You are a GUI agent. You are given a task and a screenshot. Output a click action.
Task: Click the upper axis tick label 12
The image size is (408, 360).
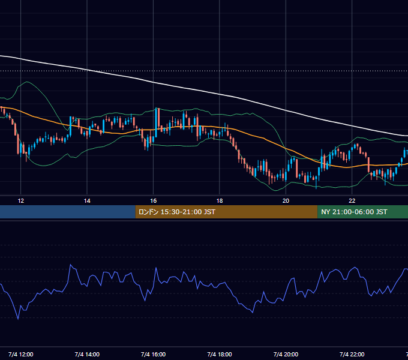pyautogui.click(x=21, y=201)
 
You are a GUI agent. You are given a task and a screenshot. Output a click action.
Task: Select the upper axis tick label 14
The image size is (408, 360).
pyautogui.click(x=87, y=201)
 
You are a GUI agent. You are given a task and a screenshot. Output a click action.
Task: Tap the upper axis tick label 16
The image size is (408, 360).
pyautogui.click(x=153, y=201)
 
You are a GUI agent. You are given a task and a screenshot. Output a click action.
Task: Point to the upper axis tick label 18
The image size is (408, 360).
pyautogui.click(x=220, y=201)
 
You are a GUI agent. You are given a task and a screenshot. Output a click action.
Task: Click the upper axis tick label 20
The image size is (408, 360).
pyautogui.click(x=286, y=201)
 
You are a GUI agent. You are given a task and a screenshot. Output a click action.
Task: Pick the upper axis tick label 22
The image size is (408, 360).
pyautogui.click(x=352, y=201)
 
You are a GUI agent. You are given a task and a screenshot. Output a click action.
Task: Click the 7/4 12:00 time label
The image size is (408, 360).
pyautogui.click(x=21, y=354)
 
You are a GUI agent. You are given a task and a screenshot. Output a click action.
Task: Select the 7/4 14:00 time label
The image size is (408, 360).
pyautogui.click(x=87, y=354)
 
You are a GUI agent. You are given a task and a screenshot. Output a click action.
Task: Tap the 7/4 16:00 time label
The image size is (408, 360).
pyautogui.click(x=153, y=354)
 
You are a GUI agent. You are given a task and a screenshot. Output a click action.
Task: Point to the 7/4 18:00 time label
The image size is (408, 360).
pyautogui.click(x=220, y=354)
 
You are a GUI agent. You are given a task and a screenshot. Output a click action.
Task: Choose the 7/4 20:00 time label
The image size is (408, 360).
pyautogui.click(x=286, y=354)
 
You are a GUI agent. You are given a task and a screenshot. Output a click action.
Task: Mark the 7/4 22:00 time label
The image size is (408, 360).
pyautogui.click(x=352, y=354)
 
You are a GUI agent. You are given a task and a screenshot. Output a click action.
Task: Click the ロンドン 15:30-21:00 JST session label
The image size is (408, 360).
pyautogui.click(x=177, y=212)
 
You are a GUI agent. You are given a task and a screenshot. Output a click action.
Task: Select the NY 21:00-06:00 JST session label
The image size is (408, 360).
pyautogui.click(x=354, y=212)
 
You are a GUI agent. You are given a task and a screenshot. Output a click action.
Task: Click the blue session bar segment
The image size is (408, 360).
pyautogui.click(x=68, y=212)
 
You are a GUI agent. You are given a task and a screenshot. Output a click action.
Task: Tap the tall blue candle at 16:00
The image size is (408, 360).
pyautogui.click(x=156, y=122)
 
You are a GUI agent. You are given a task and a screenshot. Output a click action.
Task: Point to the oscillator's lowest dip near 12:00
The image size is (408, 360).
pyautogui.click(x=18, y=319)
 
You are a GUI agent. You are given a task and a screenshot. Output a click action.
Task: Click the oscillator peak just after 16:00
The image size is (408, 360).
pyautogui.click(x=156, y=268)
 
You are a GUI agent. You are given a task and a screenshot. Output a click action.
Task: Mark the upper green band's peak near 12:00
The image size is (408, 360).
pyautogui.click(x=27, y=82)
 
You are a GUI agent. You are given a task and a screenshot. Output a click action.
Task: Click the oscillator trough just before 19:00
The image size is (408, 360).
pyautogui.click(x=253, y=313)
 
